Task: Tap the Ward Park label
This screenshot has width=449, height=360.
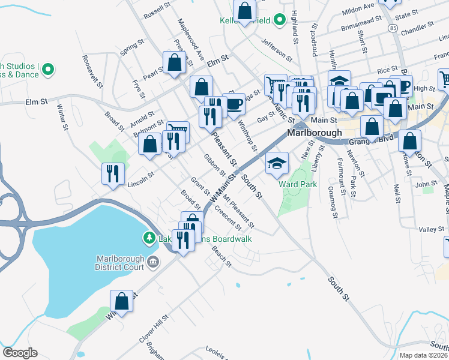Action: coord(298,185)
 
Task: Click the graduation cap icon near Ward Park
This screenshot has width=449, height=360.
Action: coord(277,163)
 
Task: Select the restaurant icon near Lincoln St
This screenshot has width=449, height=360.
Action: coord(113,174)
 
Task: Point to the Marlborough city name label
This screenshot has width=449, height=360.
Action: coord(315,133)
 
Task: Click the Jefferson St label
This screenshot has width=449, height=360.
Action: coord(276,52)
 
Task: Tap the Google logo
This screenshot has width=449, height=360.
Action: coord(20,353)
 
